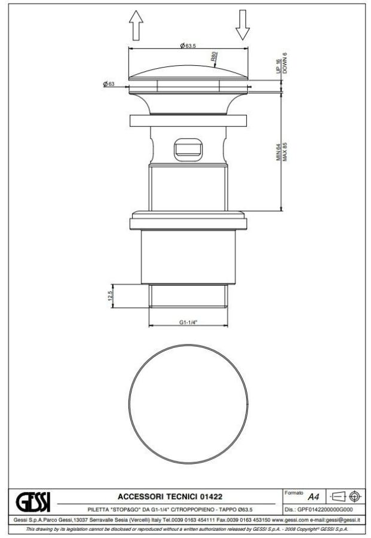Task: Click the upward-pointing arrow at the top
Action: (x=136, y=26)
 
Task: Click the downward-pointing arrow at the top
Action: (x=242, y=25)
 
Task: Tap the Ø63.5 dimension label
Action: (x=189, y=45)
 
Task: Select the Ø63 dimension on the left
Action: (x=109, y=84)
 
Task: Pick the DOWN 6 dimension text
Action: (x=285, y=62)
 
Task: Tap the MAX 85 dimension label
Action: (x=285, y=153)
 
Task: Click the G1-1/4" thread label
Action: (x=188, y=322)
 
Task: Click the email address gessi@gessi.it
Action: (x=335, y=519)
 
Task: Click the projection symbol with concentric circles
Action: (x=354, y=496)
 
